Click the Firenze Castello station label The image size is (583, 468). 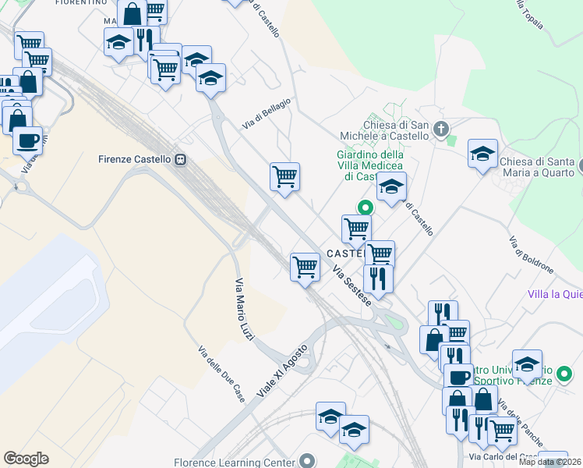click(134, 159)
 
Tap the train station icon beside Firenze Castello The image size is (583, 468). click(181, 159)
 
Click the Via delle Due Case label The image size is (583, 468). click(221, 374)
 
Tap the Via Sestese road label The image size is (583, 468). click(352, 288)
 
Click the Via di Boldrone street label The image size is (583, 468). click(531, 255)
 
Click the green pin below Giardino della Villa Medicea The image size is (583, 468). click(364, 207)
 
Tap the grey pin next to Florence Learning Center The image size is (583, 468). click(309, 461)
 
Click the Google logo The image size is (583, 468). click(26, 458)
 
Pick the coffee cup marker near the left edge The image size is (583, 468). click(27, 140)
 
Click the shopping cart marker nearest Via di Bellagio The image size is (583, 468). click(284, 177)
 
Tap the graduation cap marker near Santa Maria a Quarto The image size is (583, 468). click(482, 154)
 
